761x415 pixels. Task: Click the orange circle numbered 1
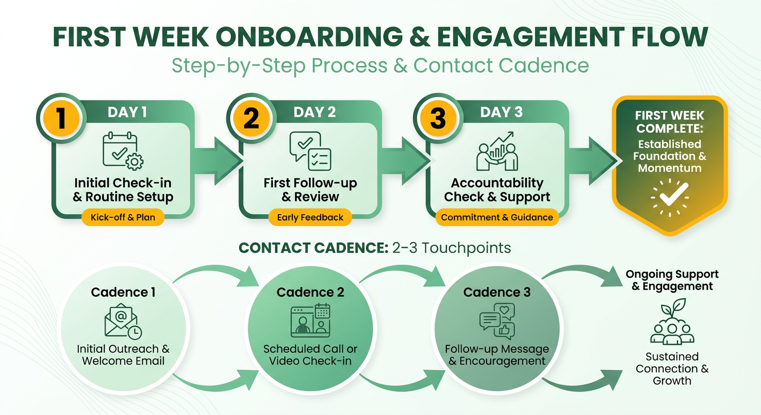pos(61,118)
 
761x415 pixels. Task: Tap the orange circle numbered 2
pos(251,118)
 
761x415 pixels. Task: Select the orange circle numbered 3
pos(438,118)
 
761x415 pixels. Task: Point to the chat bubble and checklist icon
pos(310,151)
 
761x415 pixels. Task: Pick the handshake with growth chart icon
pos(497,151)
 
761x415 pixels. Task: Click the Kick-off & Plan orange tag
pos(123,217)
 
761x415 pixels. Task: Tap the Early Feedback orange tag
pos(310,217)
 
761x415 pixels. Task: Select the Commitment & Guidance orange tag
pos(497,217)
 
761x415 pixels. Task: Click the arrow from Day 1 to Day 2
pos(217,161)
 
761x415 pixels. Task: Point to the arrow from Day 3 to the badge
pos(593,161)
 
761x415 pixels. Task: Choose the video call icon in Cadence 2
pos(310,320)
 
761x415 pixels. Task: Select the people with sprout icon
pos(672,322)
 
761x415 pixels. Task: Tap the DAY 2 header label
pos(315,112)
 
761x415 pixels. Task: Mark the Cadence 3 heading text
pos(497,292)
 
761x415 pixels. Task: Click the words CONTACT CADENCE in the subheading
pos(313,248)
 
